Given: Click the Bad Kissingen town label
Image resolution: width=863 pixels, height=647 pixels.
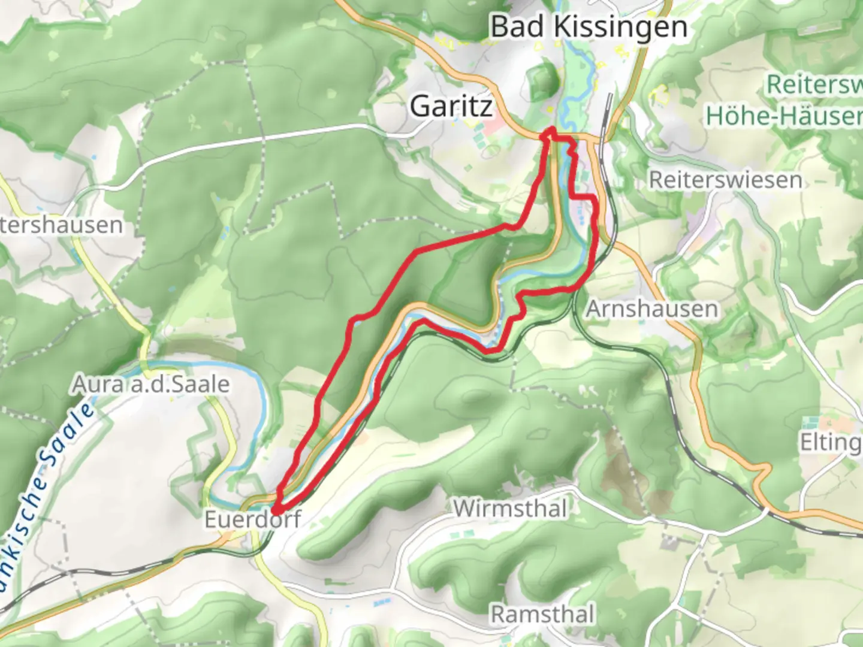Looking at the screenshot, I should click(x=589, y=28).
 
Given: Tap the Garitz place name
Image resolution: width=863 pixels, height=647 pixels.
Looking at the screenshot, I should click(x=451, y=107).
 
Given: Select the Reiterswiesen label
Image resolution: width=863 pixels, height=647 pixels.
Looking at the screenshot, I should click(x=725, y=180).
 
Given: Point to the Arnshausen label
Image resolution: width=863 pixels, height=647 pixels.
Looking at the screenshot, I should click(x=651, y=309).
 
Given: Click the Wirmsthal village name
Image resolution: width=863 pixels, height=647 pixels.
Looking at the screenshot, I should click(x=510, y=509).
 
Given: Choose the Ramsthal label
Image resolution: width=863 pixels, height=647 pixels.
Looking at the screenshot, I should click(x=542, y=615).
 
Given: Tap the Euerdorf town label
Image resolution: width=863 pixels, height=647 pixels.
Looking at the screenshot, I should click(x=252, y=519).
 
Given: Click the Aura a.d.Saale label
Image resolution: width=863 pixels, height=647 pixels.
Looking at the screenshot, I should click(x=150, y=384).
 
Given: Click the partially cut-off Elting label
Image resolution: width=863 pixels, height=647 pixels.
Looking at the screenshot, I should click(x=830, y=442).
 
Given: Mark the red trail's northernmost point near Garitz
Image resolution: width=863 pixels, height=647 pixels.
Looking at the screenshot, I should click(x=550, y=130).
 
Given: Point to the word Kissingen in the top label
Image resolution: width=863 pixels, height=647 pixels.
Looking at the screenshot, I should click(x=620, y=28).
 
